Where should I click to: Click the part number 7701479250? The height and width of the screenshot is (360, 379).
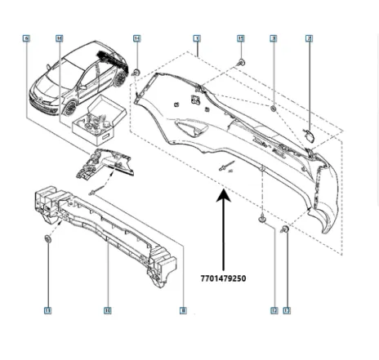pos(222,278)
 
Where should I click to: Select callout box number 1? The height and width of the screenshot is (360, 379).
pos(197,38)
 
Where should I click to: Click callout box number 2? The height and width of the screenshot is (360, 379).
pos(309,38)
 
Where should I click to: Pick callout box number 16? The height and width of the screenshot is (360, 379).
pos(59,38)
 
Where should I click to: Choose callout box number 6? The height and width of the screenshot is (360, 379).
pos(26,38)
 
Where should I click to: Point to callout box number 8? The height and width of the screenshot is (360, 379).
pos(183,310)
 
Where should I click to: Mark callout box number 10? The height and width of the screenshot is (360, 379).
pos(107,310)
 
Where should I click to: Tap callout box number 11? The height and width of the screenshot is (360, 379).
pos(47,310)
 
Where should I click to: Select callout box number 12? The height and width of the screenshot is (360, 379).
pos(274,310)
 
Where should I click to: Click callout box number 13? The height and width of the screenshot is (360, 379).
pos(287,310)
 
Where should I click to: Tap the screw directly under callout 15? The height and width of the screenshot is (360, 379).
pos(242,63)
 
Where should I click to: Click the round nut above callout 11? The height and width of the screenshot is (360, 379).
pos(47,239)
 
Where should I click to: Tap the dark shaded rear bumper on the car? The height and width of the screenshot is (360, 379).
pos(108,59)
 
